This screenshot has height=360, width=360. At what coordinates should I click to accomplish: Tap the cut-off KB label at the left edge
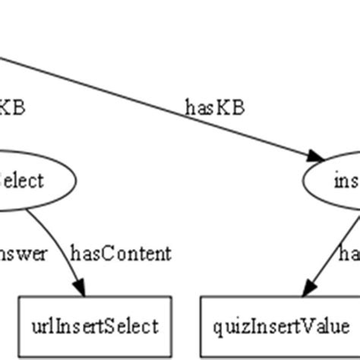tap(12, 106)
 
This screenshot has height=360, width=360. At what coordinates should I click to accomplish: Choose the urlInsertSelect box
tap(95, 327)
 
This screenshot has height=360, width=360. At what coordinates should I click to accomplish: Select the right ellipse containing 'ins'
tap(333, 181)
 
